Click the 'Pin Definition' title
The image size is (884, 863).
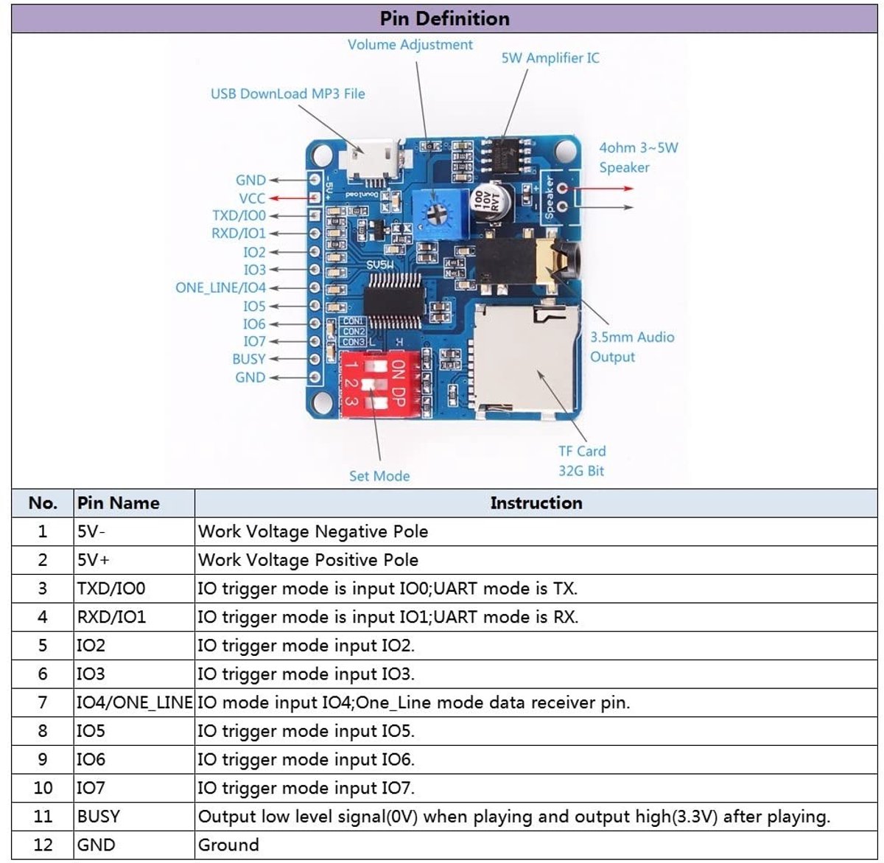(x=444, y=18)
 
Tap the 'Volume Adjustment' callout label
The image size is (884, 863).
(x=410, y=45)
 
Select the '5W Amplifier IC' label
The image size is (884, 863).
(x=550, y=57)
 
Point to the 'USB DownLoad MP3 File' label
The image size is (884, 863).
(x=287, y=94)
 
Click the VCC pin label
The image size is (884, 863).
(x=252, y=198)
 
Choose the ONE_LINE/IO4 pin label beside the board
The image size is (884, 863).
(x=221, y=287)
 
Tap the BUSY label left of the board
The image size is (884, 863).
(x=248, y=359)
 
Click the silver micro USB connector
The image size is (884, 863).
(x=371, y=159)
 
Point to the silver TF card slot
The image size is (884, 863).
(x=525, y=360)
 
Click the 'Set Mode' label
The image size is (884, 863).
(x=379, y=476)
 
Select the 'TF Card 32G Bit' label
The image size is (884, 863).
(x=582, y=461)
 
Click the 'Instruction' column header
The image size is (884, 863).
(x=536, y=503)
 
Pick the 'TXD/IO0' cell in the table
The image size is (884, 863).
(x=111, y=588)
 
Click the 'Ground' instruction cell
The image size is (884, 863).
(x=228, y=845)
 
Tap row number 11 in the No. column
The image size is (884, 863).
(x=43, y=816)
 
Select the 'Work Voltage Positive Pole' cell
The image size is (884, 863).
(x=308, y=560)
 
